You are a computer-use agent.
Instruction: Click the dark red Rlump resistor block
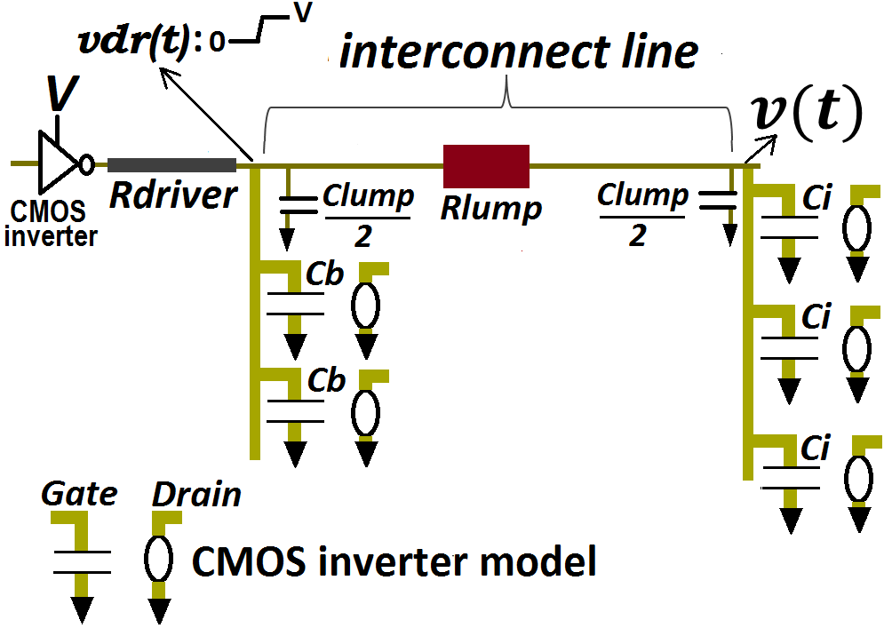[x=486, y=166]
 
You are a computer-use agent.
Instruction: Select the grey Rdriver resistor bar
[x=171, y=164]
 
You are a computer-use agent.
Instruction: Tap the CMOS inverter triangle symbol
[x=57, y=163]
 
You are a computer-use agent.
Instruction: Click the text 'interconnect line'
[x=519, y=52]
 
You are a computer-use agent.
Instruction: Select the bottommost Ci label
[x=815, y=449]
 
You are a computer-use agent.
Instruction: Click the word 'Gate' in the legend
[x=80, y=494]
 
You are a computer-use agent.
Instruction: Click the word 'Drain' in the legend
[x=196, y=494]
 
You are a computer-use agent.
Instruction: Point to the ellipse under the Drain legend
[x=158, y=558]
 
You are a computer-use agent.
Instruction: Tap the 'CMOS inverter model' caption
[x=394, y=561]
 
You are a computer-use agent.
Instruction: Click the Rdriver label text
[x=173, y=195]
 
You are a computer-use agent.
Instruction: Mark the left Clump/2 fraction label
[x=368, y=216]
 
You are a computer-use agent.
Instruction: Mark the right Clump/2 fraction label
[x=641, y=216]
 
